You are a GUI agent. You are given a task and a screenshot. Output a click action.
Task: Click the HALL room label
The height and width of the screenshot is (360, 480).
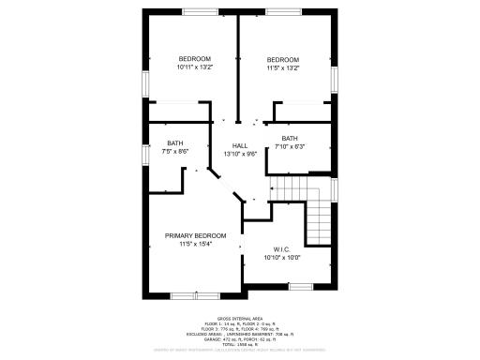(x=240, y=145)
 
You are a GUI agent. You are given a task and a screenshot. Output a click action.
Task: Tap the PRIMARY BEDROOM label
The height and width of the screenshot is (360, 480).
(x=196, y=235)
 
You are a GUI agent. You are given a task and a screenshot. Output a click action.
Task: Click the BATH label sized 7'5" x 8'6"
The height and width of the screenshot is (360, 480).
(x=175, y=142)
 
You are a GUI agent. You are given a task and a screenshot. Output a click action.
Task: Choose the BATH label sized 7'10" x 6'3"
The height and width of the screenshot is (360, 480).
(x=290, y=139)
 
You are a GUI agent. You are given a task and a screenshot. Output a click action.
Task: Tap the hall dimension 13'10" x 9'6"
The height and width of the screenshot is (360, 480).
(x=240, y=154)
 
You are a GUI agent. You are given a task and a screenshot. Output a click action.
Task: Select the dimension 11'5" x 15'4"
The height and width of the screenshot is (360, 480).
(x=196, y=244)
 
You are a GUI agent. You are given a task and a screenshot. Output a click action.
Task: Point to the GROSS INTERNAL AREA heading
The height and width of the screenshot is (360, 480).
(x=239, y=319)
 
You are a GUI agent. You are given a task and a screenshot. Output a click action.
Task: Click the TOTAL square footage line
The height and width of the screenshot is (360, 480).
(x=239, y=345)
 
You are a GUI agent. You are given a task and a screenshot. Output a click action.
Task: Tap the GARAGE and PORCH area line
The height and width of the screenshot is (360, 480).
(x=239, y=339)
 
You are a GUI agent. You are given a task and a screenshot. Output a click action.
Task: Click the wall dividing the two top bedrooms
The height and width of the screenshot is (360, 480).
(x=238, y=66)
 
